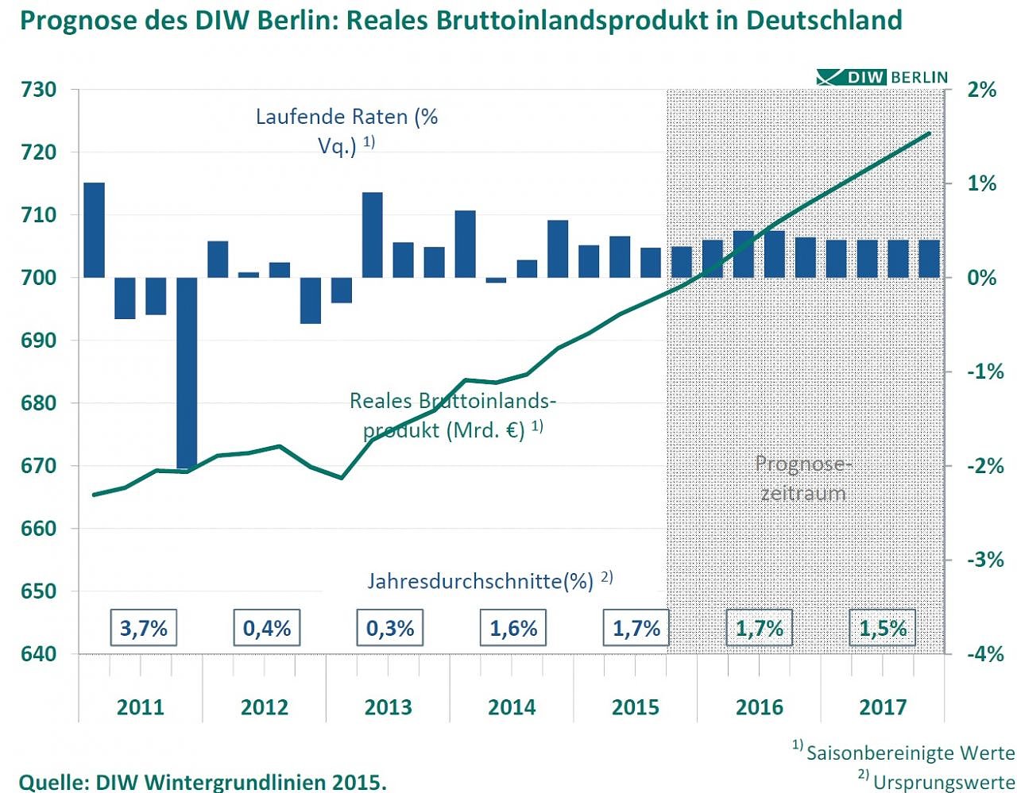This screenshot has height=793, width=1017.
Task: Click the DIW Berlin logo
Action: [x=883, y=77]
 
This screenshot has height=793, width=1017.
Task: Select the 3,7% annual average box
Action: [x=144, y=629]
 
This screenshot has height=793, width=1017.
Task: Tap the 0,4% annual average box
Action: [x=267, y=629]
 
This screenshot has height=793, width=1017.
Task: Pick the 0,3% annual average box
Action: [x=390, y=629]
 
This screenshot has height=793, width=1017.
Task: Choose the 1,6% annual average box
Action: [x=513, y=629]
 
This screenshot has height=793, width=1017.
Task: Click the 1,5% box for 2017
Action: [x=883, y=629]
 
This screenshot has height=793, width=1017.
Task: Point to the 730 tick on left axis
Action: [x=38, y=90]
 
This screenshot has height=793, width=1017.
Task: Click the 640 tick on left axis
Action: [x=38, y=654]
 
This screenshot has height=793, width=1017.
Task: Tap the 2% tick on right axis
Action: [x=981, y=90]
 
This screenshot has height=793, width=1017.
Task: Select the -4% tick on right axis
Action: [x=985, y=654]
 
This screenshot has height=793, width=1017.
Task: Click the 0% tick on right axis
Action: [x=981, y=278]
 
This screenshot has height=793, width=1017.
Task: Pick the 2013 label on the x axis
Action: [x=388, y=707]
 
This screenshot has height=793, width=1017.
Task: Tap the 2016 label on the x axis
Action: [x=760, y=707]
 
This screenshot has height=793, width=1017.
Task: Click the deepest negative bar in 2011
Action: [x=187, y=373]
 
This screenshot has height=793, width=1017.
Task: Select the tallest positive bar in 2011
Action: [x=95, y=230]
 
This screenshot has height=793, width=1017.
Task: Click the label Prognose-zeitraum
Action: [x=803, y=478]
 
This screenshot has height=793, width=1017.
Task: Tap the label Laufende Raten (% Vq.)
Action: [x=346, y=131]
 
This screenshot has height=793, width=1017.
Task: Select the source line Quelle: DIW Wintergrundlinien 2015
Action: [x=203, y=782]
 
